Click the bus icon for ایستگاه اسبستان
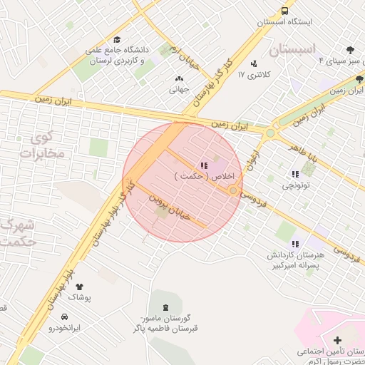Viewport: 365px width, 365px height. (284, 11)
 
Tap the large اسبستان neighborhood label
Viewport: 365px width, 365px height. (293, 50)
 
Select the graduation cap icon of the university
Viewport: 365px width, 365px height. (117, 40)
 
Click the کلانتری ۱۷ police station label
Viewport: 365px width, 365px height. (251, 74)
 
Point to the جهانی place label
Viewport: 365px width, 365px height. (178, 90)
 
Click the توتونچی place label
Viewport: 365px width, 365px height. (297, 185)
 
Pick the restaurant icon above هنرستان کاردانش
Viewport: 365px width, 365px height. (295, 244)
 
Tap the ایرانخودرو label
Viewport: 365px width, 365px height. (65, 329)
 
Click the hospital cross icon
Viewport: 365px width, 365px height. (337, 340)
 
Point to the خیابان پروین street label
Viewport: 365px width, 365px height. (169, 208)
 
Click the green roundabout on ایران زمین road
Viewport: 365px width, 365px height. (270, 133)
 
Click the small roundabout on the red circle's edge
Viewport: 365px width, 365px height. (233, 190)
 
